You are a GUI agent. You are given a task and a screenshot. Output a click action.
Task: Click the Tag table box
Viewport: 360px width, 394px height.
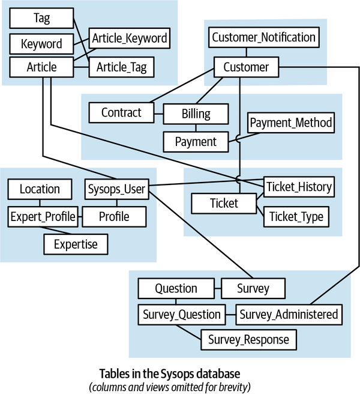41,18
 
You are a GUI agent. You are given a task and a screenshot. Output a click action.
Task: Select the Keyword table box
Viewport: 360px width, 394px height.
41,44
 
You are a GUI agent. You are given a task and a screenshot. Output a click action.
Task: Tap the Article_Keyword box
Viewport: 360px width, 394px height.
129,38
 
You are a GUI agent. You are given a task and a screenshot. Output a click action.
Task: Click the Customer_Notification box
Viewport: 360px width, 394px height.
263,37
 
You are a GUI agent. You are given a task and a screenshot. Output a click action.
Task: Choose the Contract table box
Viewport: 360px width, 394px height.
121,112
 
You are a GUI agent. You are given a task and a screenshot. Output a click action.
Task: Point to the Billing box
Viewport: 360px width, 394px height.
196,114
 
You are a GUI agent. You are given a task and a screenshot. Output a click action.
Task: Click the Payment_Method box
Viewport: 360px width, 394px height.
291,123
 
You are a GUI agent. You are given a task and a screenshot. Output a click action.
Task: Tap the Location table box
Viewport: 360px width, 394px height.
40,189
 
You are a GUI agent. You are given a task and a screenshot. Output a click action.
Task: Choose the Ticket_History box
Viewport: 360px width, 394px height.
298,187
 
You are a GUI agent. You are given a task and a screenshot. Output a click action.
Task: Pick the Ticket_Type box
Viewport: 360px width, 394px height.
296,216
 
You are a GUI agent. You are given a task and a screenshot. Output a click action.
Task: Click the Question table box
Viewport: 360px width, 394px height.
176,288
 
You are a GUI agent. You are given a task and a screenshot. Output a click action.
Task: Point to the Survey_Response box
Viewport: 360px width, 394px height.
248,339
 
